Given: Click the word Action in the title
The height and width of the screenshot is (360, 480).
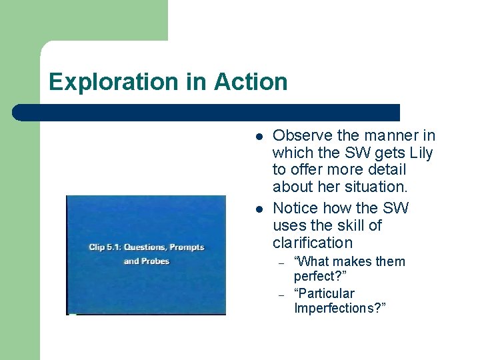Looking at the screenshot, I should [x=251, y=82].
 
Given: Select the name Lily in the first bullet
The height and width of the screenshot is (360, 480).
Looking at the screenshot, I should [x=420, y=153].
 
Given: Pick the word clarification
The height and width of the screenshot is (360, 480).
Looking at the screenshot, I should [x=312, y=243].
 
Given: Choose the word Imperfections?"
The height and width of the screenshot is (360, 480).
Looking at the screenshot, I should [x=340, y=308].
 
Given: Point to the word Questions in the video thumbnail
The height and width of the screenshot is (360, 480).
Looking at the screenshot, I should [x=144, y=247].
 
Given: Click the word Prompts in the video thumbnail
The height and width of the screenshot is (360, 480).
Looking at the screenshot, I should [x=187, y=247].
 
